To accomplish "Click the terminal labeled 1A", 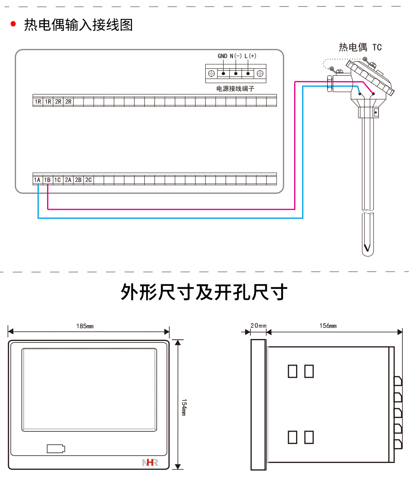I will click(x=37, y=180).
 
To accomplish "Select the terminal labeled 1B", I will click(x=47, y=180).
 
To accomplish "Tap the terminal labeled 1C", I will click(x=58, y=180).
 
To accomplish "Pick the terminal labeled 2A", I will click(x=68, y=180).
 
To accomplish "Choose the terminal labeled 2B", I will click(x=78, y=180).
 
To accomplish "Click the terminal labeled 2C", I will click(x=88, y=180).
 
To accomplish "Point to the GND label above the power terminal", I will click(x=222, y=56).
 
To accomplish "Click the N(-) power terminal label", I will click(x=236, y=56).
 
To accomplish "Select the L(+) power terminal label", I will click(x=250, y=56).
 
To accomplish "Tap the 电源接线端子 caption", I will click(x=235, y=89).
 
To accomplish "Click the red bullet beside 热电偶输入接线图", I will click(x=14, y=24).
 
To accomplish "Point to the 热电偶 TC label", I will click(x=360, y=47).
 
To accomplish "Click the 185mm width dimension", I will click(x=85, y=326).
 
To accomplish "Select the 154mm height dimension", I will click(x=184, y=407).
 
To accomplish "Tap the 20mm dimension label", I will click(x=259, y=326).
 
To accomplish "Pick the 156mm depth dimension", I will click(x=328, y=326).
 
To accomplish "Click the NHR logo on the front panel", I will click(x=150, y=463).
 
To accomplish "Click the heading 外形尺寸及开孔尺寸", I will click(x=204, y=292).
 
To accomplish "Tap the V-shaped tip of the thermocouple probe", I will click(x=367, y=249).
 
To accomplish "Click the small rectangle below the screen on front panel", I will click(x=56, y=449).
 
